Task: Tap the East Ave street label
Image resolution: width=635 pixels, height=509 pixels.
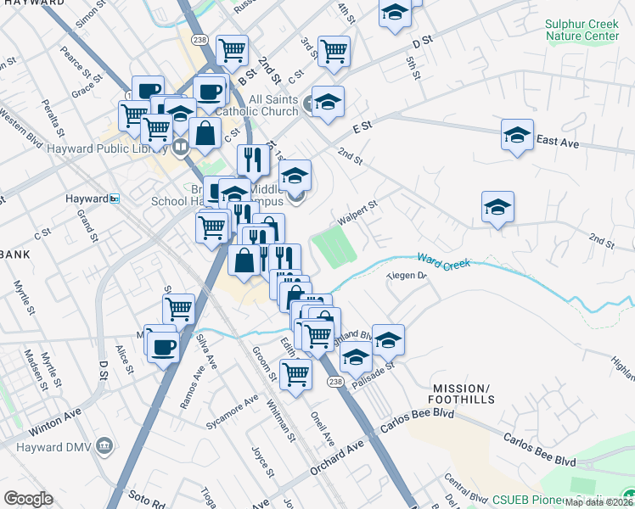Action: (557, 143)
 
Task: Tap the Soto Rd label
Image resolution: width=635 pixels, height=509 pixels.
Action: (144, 495)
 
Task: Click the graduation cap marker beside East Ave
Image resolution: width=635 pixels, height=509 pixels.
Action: (517, 135)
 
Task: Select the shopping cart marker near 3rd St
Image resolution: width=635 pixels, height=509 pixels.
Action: (334, 51)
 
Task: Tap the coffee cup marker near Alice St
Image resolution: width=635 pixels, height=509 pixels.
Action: (162, 346)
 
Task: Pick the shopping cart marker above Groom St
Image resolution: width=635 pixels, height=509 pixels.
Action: (295, 372)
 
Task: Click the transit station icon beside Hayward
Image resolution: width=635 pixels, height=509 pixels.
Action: (115, 199)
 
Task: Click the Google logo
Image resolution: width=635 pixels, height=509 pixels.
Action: (28, 498)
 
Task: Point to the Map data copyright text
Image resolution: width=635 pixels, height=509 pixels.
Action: (599, 502)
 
